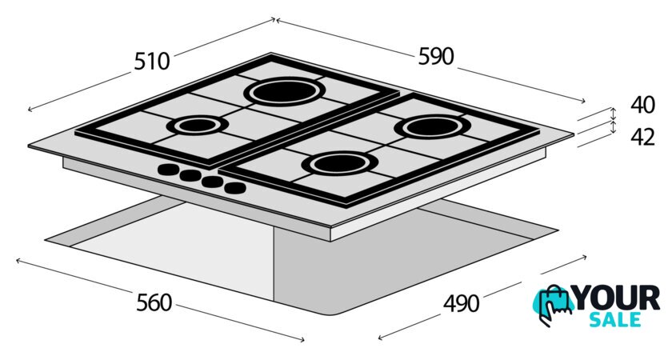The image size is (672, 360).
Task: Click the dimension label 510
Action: (x=152, y=61)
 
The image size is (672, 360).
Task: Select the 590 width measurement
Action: (x=436, y=57)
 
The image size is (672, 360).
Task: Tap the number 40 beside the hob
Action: (x=642, y=105)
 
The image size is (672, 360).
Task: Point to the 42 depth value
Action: (x=642, y=137)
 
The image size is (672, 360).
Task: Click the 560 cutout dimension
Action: (x=154, y=302)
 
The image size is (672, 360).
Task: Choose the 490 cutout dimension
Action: (x=461, y=303)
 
